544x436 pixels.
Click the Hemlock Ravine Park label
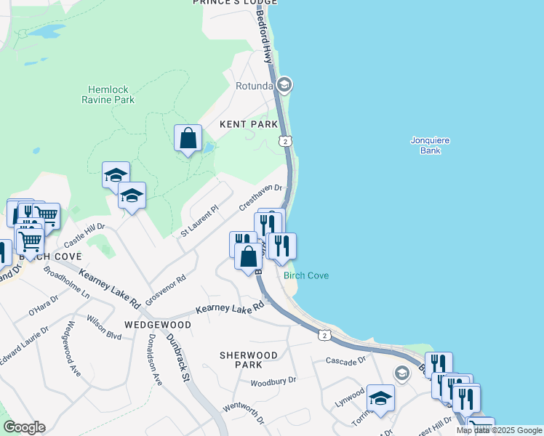(108, 94)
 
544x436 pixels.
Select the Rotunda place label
(253, 86)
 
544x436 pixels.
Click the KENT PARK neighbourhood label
(249, 125)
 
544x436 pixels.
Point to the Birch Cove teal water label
(306, 275)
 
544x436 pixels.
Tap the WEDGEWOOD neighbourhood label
(157, 325)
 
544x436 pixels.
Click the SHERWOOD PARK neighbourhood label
(249, 360)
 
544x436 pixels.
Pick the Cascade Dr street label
(344, 361)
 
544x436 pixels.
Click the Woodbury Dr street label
(273, 381)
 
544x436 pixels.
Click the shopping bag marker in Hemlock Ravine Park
(188, 137)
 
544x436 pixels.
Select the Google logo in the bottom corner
(24, 427)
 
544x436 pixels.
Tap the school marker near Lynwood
(380, 398)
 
